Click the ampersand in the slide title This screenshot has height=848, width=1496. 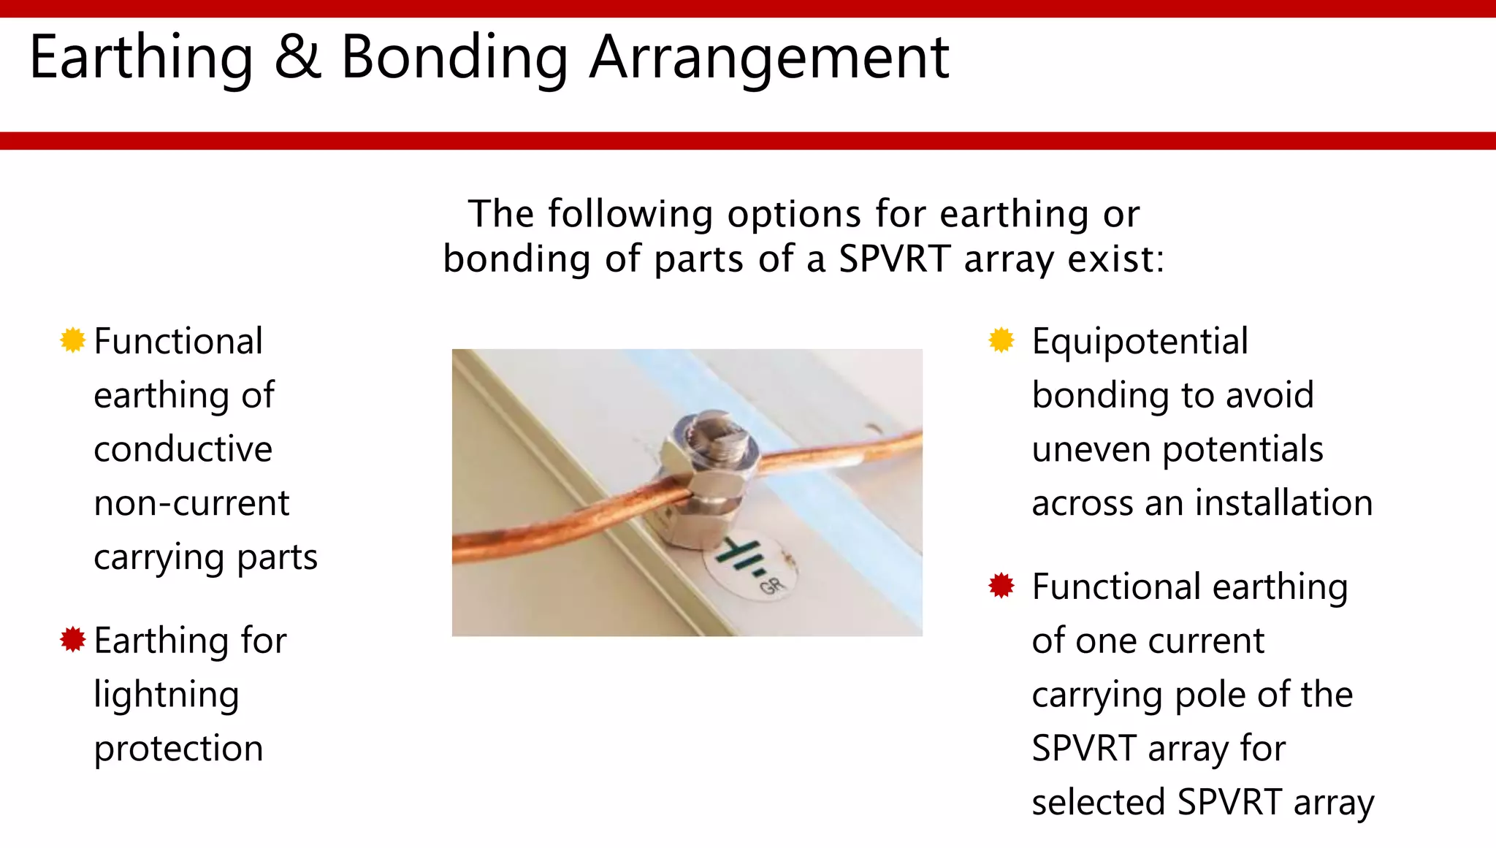297,58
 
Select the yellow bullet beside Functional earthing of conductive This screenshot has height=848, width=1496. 72,340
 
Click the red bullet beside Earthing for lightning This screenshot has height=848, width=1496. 72,639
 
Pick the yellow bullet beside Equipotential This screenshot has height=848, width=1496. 1001,340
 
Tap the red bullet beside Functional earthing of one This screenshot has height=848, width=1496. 1001,585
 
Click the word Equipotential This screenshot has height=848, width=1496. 1140,342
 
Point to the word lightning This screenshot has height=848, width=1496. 167,695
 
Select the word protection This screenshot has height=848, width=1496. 178,749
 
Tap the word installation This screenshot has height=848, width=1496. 1283,504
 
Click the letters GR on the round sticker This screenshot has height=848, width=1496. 772,585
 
